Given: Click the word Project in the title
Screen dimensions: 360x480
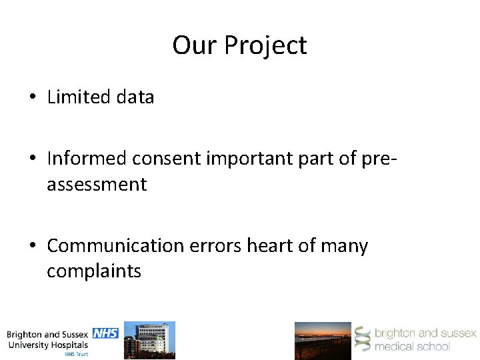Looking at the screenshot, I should pos(265,46).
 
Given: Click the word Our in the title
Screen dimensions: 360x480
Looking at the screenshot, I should pos(195,45).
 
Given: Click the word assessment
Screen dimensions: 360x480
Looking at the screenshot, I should pos(96,184).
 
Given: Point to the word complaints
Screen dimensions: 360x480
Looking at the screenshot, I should pos(94,271).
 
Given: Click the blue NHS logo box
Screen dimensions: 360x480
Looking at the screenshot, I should pos(105,333).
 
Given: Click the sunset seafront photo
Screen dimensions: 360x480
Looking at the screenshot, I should pos(323,340).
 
